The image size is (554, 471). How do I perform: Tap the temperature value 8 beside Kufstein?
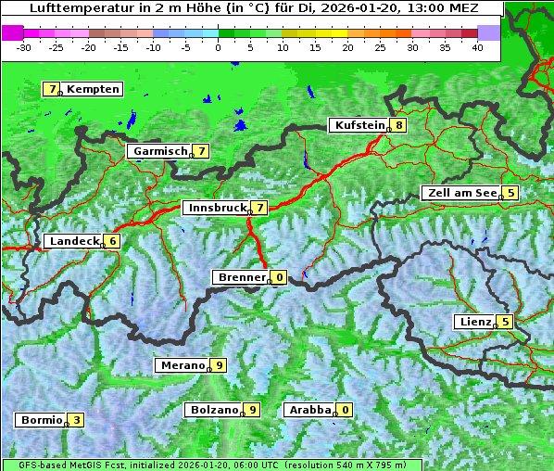click(398, 125)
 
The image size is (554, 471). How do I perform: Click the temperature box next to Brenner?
click(279, 277)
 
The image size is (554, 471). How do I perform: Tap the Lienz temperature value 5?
click(505, 322)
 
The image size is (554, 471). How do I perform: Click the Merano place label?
click(182, 365)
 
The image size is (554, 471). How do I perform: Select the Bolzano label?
click(214, 410)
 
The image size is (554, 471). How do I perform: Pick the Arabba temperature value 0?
click(346, 410)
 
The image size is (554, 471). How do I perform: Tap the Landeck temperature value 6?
click(112, 241)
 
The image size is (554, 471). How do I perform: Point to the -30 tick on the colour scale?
click(24, 47)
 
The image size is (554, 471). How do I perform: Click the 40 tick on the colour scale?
click(477, 47)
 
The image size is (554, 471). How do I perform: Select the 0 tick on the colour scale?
click(219, 47)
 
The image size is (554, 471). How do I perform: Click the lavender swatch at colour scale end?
click(488, 32)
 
